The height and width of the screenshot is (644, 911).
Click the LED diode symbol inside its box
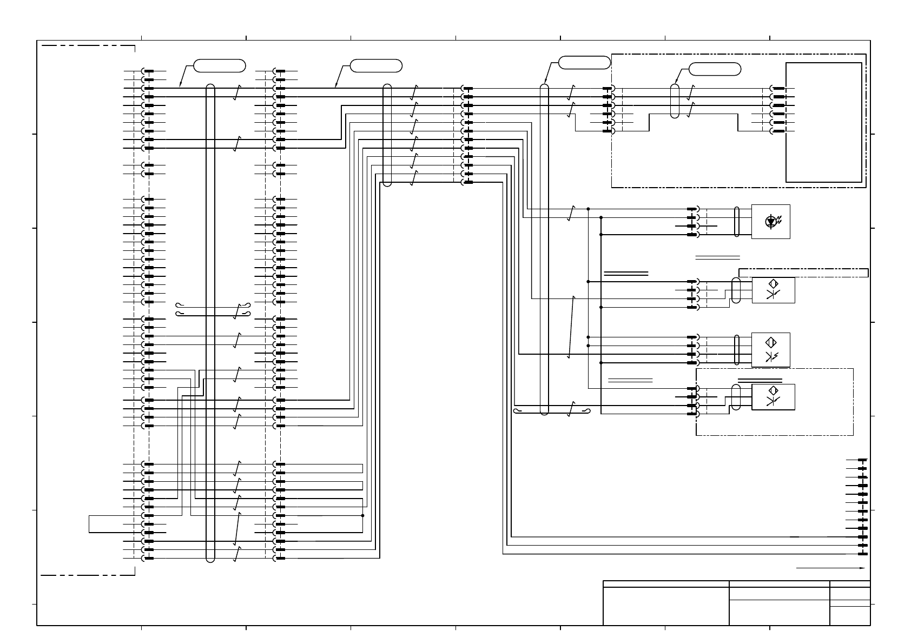771,221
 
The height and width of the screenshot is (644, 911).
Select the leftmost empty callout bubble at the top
220,66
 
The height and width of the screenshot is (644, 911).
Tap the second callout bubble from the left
376,66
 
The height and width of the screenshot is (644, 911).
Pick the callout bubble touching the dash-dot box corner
584,62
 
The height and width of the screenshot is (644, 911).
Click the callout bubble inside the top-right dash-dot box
715,69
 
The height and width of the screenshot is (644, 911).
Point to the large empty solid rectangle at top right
823,122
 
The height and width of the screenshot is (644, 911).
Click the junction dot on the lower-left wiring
362,515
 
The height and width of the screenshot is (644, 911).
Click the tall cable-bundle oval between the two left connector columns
210,323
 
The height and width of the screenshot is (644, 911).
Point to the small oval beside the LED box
737,222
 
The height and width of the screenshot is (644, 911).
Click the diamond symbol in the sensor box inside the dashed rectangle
773,390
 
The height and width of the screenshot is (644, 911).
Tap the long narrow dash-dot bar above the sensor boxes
804,273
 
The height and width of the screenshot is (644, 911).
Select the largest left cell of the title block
666,606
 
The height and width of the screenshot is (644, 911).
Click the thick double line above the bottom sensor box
760,380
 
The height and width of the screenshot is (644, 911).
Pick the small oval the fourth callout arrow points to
674,101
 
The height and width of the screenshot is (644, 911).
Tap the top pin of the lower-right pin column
862,460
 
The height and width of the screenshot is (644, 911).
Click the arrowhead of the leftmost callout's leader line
181,86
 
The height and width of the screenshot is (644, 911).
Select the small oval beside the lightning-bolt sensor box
737,350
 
